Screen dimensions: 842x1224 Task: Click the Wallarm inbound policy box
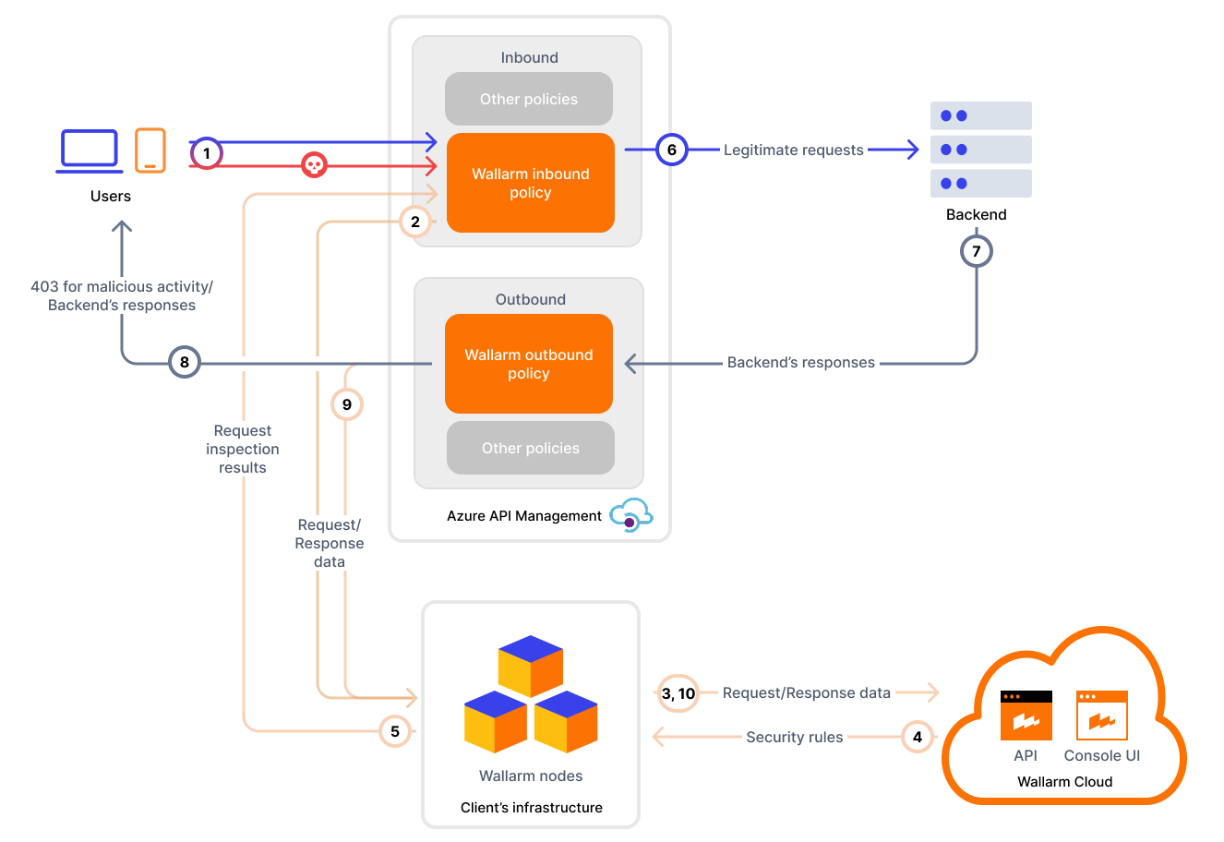tap(530, 183)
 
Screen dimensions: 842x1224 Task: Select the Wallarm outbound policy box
tap(528, 364)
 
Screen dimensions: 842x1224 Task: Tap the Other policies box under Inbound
tap(528, 99)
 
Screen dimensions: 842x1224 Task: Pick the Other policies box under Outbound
tap(530, 448)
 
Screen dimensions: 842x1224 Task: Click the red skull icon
tap(314, 165)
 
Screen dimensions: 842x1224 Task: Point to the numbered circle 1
tap(207, 153)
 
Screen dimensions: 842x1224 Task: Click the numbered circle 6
tap(671, 150)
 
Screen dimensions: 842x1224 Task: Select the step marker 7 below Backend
tap(976, 251)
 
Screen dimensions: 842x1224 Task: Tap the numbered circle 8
tap(185, 362)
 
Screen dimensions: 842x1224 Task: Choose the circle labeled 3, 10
tap(678, 693)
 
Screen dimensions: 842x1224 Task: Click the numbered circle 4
tap(917, 737)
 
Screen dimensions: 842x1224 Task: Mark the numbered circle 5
tap(395, 731)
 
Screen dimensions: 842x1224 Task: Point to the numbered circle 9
tap(347, 404)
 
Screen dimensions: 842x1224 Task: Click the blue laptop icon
tap(90, 150)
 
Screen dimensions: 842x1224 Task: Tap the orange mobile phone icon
tap(150, 150)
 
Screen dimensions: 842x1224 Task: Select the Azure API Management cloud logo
tap(631, 516)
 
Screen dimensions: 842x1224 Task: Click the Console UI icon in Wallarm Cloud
tap(1101, 716)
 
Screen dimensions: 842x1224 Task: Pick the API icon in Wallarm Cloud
tap(1026, 716)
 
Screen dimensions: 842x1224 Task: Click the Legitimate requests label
tap(793, 150)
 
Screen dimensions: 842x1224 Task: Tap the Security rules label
tap(794, 737)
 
